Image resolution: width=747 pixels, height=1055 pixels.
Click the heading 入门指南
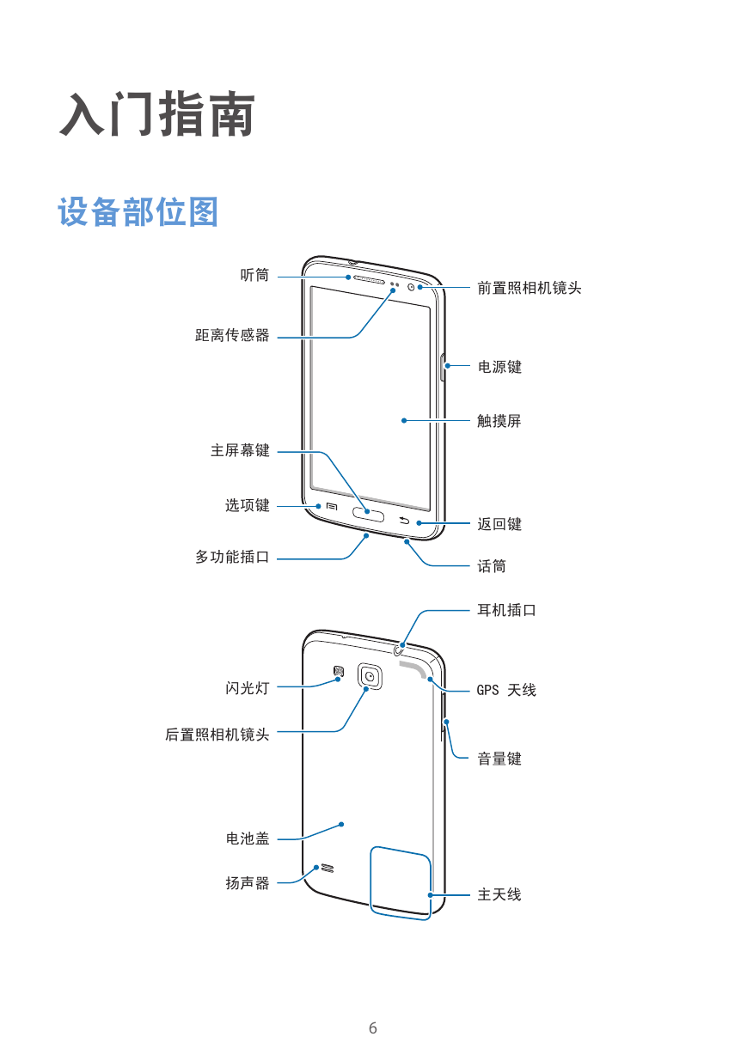[157, 114]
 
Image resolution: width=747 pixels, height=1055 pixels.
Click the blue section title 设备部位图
[138, 212]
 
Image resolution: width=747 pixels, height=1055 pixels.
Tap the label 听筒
[254, 275]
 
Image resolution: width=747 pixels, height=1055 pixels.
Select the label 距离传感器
[232, 335]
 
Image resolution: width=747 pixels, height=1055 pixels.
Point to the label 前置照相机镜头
[530, 288]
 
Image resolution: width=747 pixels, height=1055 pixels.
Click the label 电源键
[499, 367]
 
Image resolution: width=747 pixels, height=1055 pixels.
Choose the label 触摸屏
[499, 421]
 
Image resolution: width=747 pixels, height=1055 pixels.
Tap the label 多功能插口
[232, 557]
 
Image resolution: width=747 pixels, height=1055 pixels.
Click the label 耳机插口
[506, 610]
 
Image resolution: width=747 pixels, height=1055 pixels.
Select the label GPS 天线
[506, 690]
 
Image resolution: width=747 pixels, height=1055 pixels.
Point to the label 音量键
[499, 759]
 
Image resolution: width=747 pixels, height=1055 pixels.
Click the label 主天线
[499, 894]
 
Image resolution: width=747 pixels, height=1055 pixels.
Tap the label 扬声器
[247, 882]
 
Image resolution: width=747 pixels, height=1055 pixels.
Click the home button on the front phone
[368, 515]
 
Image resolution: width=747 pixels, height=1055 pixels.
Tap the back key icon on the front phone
[405, 521]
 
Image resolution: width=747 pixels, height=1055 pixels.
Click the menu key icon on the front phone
[332, 507]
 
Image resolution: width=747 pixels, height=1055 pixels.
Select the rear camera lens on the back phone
[370, 676]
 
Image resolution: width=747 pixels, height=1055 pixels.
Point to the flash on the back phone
[339, 671]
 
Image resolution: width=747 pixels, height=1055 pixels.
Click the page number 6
[373, 1028]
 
